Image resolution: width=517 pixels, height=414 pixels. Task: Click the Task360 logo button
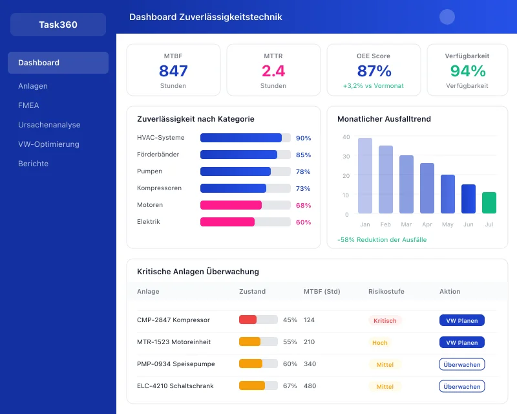tap(58, 25)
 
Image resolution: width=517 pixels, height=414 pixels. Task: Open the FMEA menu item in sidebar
tap(28, 105)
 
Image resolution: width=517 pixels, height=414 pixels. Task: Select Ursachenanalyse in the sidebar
tap(49, 125)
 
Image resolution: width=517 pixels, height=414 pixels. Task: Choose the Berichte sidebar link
tap(33, 164)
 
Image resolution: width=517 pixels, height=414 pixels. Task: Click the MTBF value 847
tap(173, 71)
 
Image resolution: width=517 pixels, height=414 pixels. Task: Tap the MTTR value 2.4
tap(273, 71)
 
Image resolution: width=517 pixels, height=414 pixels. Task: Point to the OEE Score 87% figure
tap(374, 71)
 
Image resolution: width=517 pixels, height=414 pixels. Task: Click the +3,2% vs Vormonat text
tap(374, 86)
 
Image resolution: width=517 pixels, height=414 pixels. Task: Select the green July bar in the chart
tap(489, 202)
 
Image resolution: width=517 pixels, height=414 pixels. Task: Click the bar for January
tap(365, 175)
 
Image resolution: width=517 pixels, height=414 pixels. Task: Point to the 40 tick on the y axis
tap(346, 137)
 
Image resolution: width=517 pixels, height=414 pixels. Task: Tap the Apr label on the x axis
tap(427, 224)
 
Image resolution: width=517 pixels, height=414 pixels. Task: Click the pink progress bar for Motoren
tap(231, 205)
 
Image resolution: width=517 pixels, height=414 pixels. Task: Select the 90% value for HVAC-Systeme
tap(303, 138)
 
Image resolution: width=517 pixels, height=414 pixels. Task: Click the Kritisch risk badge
tap(385, 320)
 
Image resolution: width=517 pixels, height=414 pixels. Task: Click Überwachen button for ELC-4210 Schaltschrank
tap(462, 386)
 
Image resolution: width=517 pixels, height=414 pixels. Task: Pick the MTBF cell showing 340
tap(310, 364)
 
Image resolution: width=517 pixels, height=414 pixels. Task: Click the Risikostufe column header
tap(386, 292)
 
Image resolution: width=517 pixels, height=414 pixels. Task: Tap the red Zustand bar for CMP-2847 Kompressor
tap(248, 320)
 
